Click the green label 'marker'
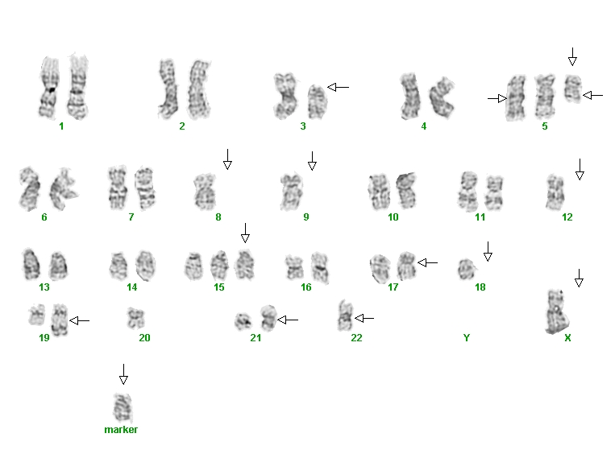[121, 430]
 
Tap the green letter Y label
[467, 337]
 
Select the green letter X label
[567, 337]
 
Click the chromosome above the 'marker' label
[123, 408]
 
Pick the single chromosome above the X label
[556, 312]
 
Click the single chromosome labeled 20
[135, 318]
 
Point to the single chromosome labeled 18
[467, 270]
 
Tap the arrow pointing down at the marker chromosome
[123, 374]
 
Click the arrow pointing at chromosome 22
[364, 319]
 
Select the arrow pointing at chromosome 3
[338, 88]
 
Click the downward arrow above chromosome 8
[227, 159]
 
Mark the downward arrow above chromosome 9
[312, 161]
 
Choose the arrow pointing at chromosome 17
[428, 263]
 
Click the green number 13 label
[44, 287]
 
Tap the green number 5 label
[545, 126]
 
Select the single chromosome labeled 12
[555, 192]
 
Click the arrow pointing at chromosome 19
[80, 321]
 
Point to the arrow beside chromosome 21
[288, 320]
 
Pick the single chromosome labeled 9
[292, 191]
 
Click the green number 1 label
[61, 126]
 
